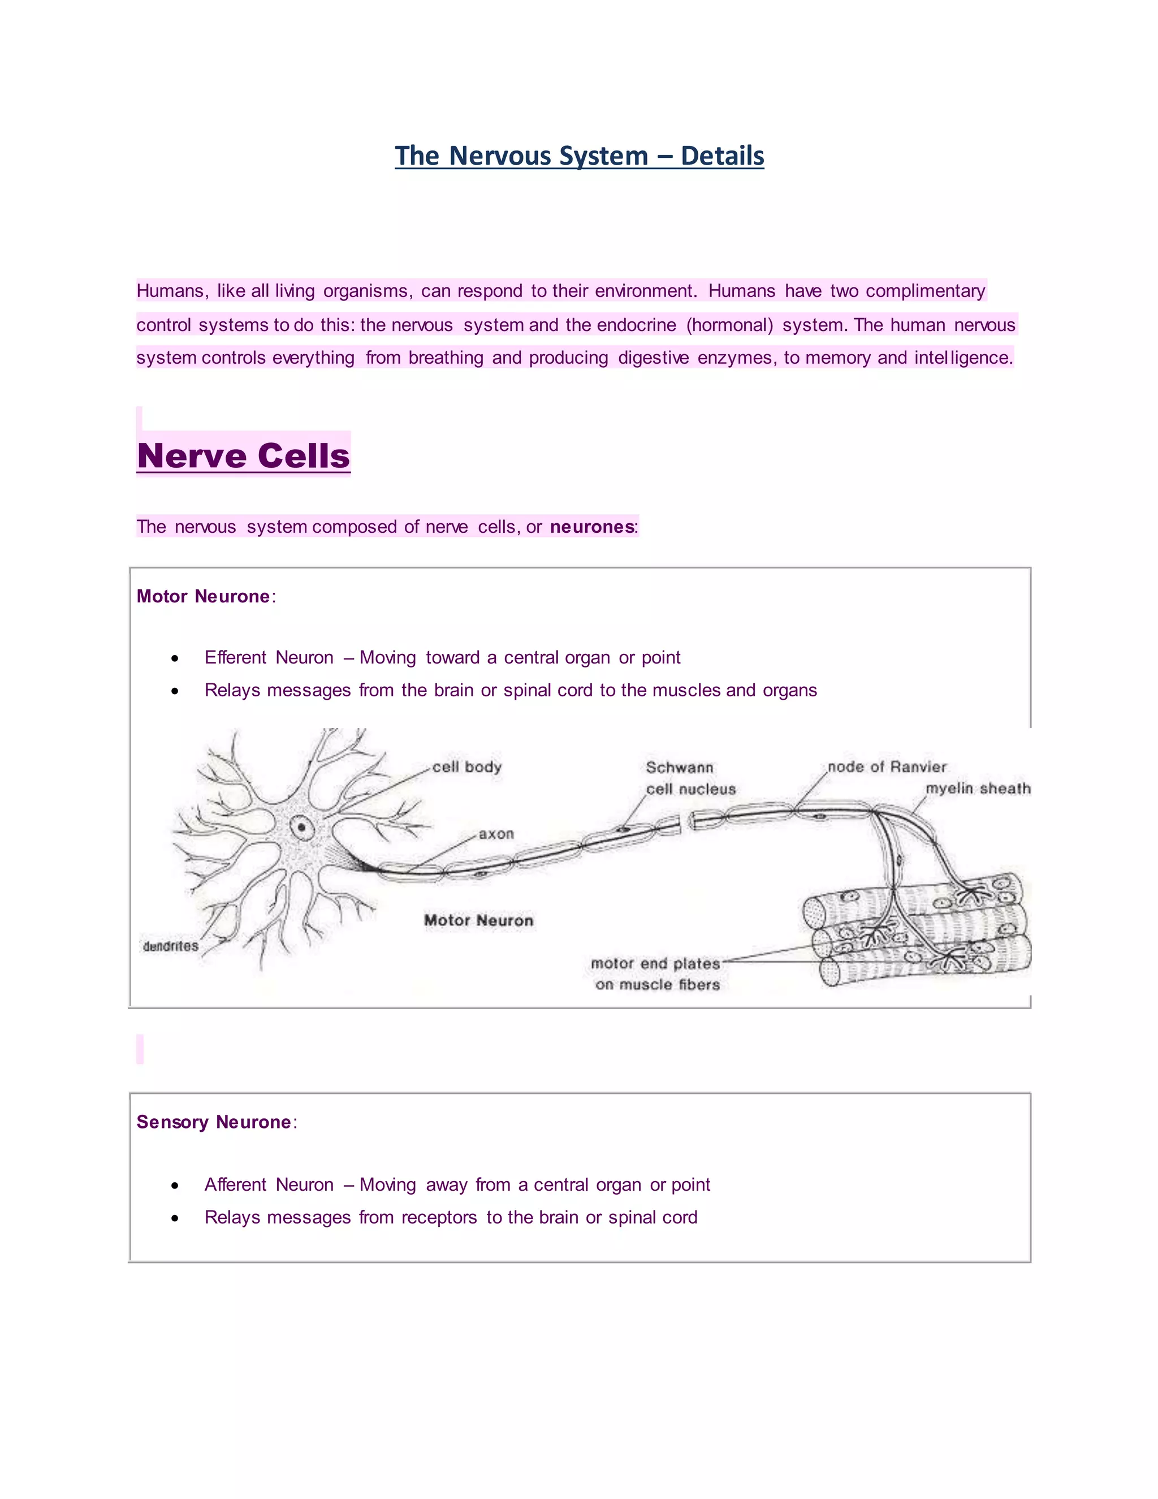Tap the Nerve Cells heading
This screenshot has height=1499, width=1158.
pyautogui.click(x=244, y=456)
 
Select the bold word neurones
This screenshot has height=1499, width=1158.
pyautogui.click(x=591, y=527)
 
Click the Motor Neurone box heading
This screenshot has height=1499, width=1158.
pyautogui.click(x=203, y=596)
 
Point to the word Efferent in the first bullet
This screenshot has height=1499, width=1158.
pyautogui.click(x=235, y=657)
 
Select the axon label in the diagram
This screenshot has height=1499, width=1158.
pyautogui.click(x=496, y=833)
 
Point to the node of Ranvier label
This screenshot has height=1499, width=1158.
pyautogui.click(x=887, y=766)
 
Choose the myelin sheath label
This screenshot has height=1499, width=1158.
pyautogui.click(x=978, y=788)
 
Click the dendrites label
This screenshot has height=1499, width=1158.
pyautogui.click(x=170, y=946)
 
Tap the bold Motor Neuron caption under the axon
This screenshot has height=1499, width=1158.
pyautogui.click(x=478, y=920)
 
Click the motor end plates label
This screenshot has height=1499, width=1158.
pyautogui.click(x=655, y=964)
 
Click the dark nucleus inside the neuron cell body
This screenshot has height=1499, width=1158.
pyautogui.click(x=301, y=828)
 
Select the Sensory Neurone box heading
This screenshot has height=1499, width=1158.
pyautogui.click(x=213, y=1122)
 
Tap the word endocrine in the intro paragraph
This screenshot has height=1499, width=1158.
pyautogui.click(x=636, y=325)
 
